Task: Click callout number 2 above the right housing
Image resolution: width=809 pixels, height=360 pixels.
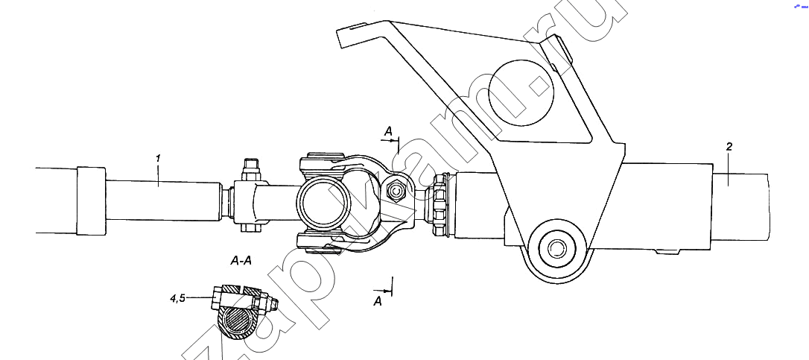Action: (729, 146)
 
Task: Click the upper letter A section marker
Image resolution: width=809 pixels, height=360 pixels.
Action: (388, 132)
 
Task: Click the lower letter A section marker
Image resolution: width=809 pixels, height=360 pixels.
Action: (378, 301)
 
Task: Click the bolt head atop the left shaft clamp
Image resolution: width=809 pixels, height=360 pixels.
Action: (250, 166)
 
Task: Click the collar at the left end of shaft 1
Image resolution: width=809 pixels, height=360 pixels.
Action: (91, 200)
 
